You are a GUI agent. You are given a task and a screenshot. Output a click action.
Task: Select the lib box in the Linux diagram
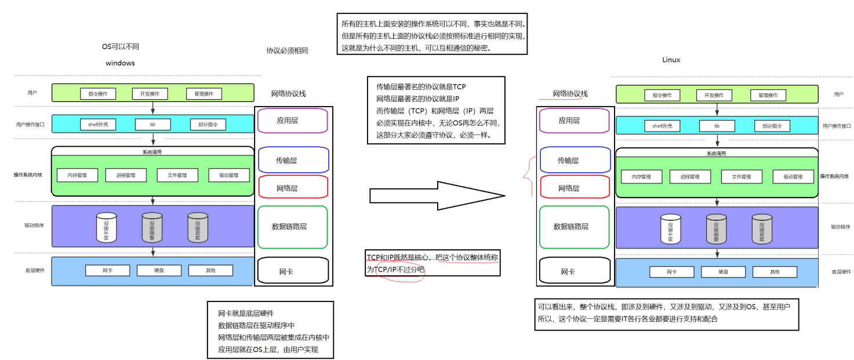click(x=717, y=126)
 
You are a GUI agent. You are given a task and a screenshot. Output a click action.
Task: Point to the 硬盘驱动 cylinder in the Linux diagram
click(x=716, y=229)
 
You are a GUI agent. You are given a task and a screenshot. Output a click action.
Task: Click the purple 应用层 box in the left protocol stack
click(x=293, y=121)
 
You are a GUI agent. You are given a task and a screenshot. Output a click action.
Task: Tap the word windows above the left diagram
click(x=120, y=63)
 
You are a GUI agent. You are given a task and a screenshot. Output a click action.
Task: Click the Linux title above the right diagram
click(x=671, y=60)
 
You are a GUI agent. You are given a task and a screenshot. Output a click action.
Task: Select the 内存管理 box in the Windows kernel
click(x=77, y=175)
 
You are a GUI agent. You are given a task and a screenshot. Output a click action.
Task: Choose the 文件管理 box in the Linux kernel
click(x=742, y=177)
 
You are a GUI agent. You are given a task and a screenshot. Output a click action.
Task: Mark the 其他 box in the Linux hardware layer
click(x=775, y=272)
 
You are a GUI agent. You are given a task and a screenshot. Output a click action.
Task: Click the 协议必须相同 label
click(x=287, y=50)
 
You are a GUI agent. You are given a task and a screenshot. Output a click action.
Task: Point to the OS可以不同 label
click(x=120, y=46)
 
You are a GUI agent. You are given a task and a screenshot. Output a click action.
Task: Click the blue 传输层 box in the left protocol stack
click(x=293, y=160)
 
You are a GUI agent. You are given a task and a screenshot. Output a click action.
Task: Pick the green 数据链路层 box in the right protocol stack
click(x=574, y=227)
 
